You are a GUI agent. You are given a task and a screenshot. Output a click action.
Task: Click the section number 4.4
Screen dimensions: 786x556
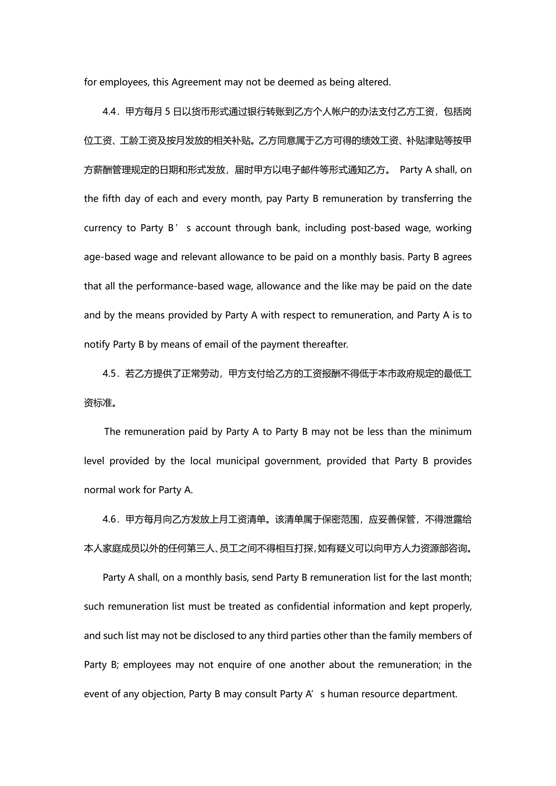click(x=110, y=112)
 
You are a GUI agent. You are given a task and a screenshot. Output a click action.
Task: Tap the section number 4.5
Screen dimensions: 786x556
click(x=110, y=374)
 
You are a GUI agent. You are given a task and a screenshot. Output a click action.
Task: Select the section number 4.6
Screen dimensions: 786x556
click(x=110, y=519)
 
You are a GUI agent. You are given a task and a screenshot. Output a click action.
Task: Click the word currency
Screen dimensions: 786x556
click(x=103, y=228)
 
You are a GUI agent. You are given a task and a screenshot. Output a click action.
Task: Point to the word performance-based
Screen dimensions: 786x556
click(x=180, y=286)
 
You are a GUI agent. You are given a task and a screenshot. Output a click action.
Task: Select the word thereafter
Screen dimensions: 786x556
click(x=325, y=344)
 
